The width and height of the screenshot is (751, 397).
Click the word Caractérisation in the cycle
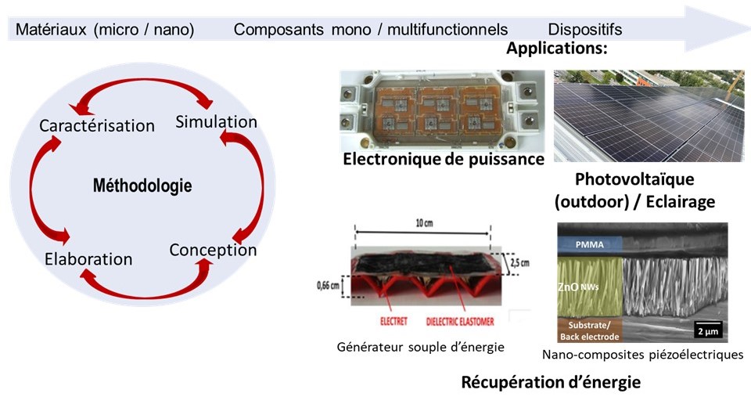coord(97,125)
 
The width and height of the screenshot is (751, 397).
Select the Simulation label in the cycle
coord(217,122)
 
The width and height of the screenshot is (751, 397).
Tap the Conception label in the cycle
coord(213,251)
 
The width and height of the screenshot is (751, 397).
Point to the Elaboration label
coord(88,259)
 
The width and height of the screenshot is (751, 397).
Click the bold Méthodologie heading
coord(142,186)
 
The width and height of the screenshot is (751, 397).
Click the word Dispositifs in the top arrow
coord(585,30)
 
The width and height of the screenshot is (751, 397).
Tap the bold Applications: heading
coord(557,49)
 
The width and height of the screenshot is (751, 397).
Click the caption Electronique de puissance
coord(444,160)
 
